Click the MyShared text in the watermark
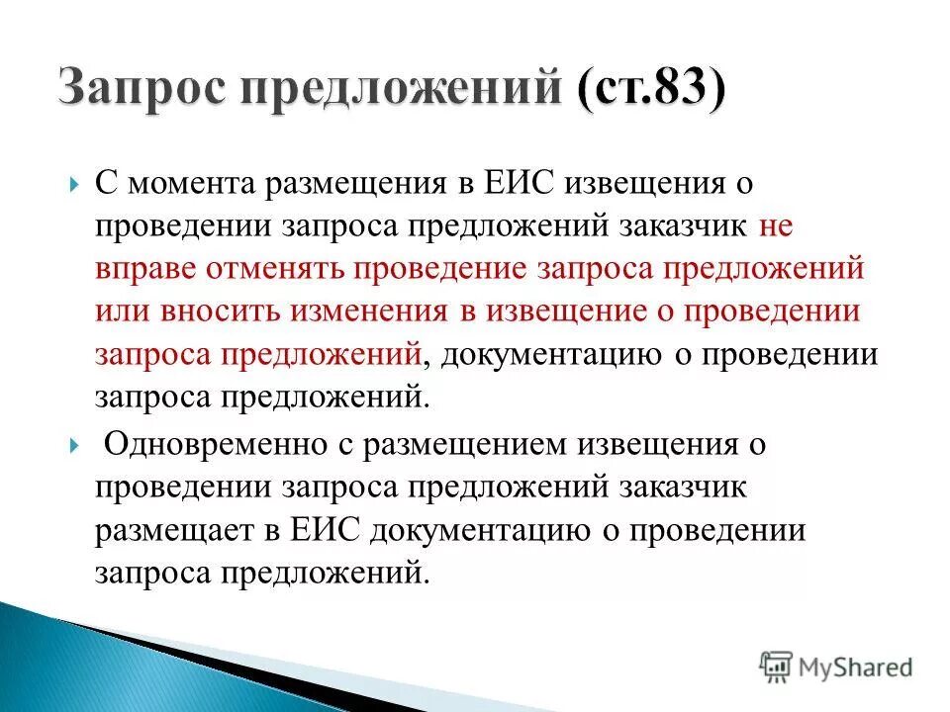tap(857, 667)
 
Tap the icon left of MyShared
tap(776, 666)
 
